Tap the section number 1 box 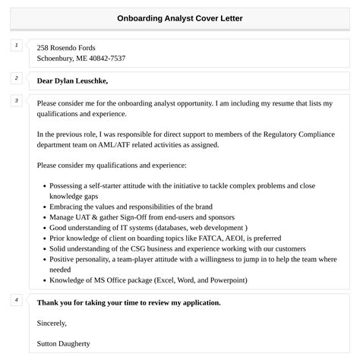[16, 46]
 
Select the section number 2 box [16, 78]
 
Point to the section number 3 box [16, 100]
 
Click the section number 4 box [16, 301]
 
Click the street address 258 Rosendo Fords [66, 47]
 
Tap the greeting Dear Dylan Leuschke [73, 80]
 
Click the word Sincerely [55, 322]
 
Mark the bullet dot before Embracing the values [44, 207]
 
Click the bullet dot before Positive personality [44, 260]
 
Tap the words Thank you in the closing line [55, 302]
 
